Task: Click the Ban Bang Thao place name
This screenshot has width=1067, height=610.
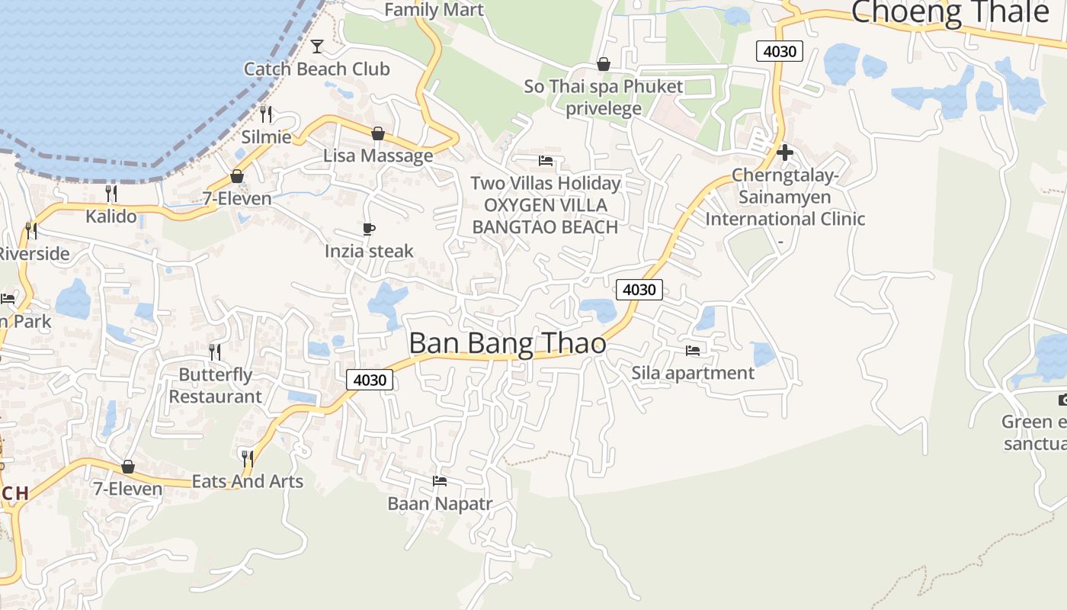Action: pos(508,343)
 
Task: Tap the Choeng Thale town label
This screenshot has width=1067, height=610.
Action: pos(950,12)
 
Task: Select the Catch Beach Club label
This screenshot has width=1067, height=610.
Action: pos(316,69)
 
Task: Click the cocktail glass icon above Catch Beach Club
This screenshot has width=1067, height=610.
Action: pos(317,47)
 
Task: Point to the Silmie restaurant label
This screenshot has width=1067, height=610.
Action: pos(266,137)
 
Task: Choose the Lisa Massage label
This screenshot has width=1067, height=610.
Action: pos(378,156)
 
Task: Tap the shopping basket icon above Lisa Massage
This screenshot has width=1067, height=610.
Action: pos(377,134)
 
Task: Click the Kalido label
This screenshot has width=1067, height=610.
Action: pos(111,216)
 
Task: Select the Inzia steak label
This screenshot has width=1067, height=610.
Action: pos(369,251)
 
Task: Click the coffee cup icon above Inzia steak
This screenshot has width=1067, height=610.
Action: pos(369,229)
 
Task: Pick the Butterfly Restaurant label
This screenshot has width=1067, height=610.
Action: pos(215,386)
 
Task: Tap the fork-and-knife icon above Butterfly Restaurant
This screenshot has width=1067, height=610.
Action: pos(215,352)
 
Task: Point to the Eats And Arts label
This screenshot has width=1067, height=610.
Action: pos(247,481)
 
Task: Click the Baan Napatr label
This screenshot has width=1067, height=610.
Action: pos(440,503)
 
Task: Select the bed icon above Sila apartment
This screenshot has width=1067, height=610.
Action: pos(692,351)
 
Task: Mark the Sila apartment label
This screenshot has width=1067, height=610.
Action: pos(693,373)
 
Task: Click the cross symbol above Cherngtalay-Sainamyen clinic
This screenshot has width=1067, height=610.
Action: pos(784,152)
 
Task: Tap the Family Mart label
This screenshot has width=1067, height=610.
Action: pos(434,10)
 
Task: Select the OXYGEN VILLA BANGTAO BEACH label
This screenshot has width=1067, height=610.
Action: pos(545,216)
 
